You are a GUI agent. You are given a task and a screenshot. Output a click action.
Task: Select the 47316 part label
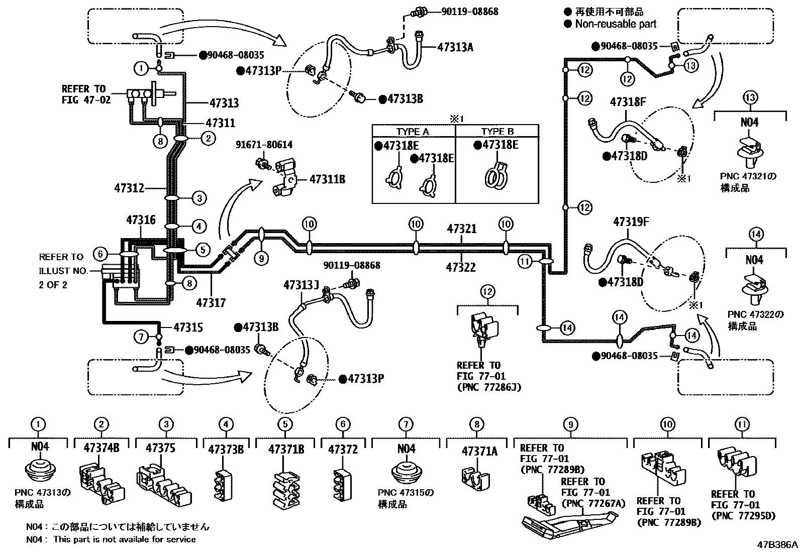[141, 220]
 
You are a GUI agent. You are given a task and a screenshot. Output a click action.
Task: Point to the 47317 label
[211, 302]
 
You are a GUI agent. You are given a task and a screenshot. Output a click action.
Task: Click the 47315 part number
[188, 327]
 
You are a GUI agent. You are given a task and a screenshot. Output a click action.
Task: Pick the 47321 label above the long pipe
[462, 229]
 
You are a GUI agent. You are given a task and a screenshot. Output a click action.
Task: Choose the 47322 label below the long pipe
[460, 267]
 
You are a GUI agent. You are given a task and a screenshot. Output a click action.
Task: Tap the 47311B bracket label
[327, 179]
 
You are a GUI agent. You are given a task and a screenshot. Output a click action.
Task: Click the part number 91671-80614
[264, 145]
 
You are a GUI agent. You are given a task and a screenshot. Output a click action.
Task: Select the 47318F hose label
[628, 102]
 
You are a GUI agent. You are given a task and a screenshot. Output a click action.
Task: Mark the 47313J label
[301, 285]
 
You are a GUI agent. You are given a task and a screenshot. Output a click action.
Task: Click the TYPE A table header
[413, 132]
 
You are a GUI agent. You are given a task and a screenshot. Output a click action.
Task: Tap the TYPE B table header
[497, 132]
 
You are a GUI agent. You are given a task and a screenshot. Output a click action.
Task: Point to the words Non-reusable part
[616, 24]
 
